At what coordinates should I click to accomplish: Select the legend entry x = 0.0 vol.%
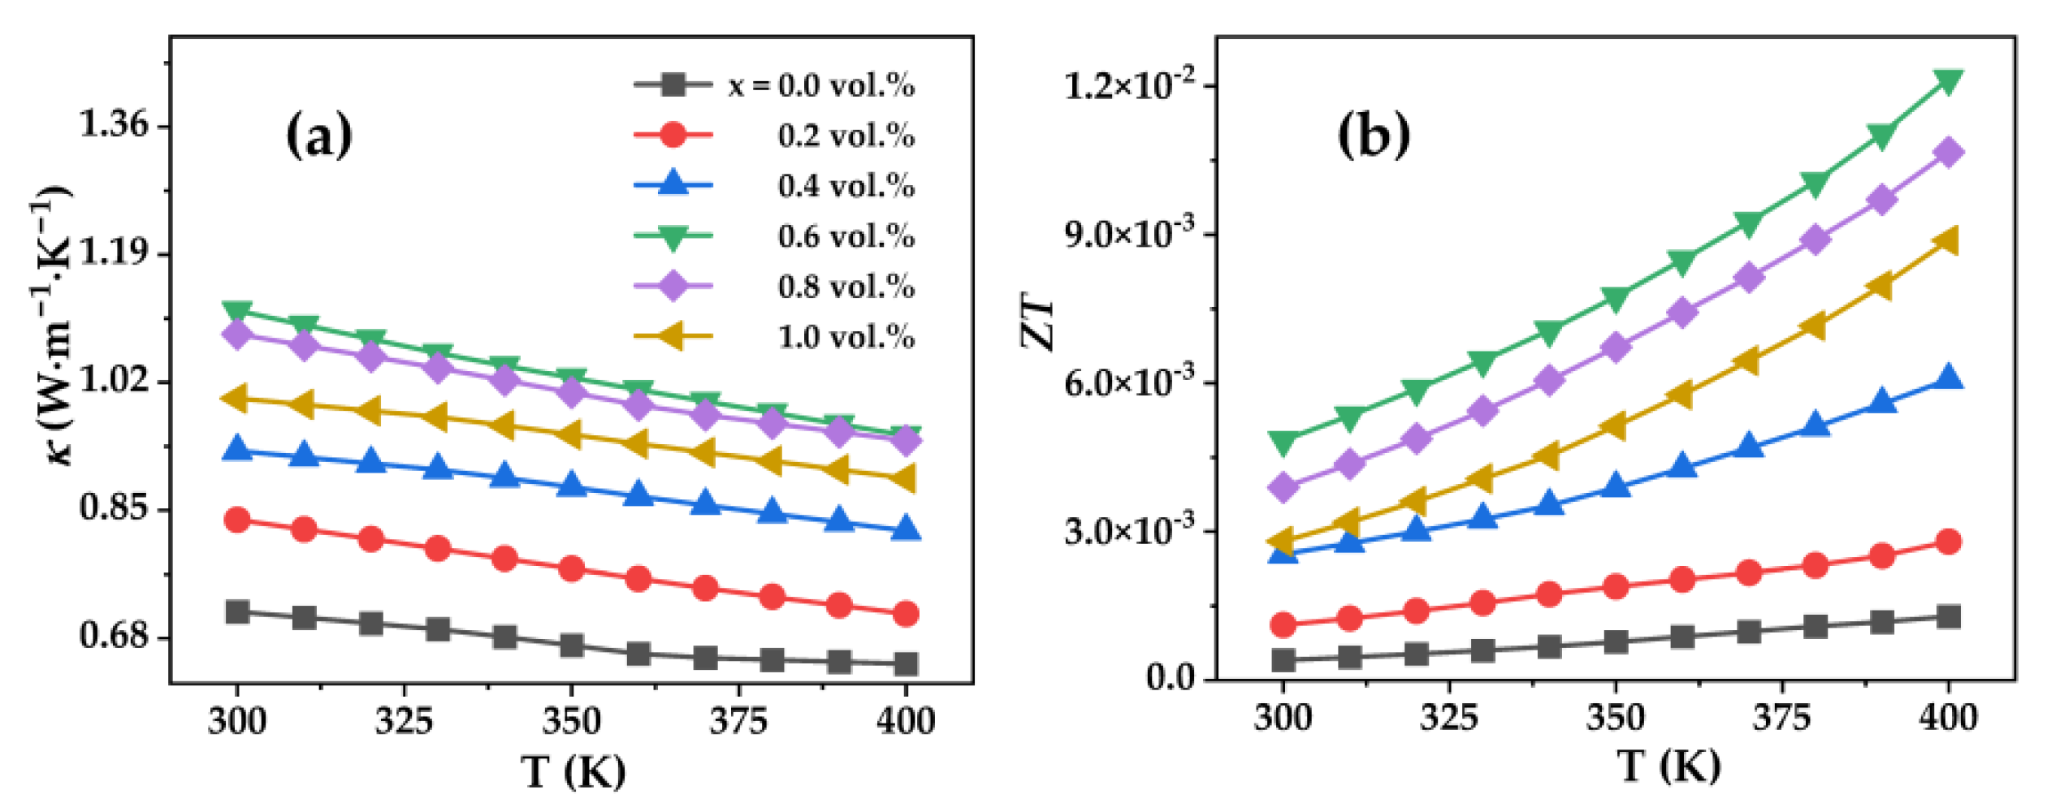click(820, 84)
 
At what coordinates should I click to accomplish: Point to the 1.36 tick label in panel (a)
click(114, 124)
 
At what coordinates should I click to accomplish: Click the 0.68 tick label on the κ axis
click(114, 635)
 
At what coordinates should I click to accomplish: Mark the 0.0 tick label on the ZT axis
click(1170, 677)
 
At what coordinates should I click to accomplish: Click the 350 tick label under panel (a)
click(571, 721)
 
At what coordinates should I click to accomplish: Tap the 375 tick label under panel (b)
click(1781, 718)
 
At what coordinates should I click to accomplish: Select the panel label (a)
click(319, 136)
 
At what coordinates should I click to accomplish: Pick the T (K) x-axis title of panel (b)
click(1668, 767)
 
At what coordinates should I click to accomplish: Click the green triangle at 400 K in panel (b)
click(1948, 81)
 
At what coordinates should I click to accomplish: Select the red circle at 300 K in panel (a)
click(237, 520)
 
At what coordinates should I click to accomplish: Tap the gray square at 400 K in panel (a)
click(906, 664)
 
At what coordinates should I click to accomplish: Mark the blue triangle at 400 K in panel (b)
click(1948, 378)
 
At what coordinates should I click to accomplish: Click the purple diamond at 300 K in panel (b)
click(1283, 487)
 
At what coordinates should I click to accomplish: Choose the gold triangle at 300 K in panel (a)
click(236, 398)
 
